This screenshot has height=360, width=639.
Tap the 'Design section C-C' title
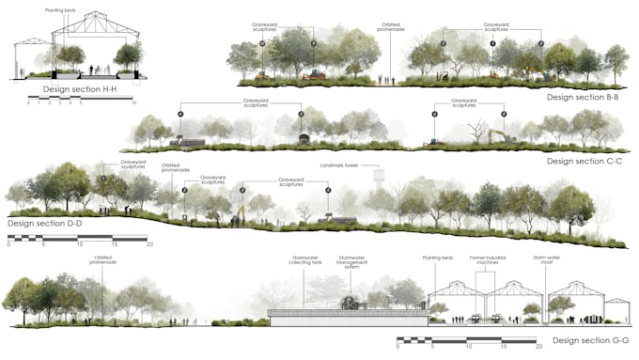pos(586,161)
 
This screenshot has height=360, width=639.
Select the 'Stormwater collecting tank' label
pos(305,261)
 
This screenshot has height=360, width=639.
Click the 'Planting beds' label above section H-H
pos(61,10)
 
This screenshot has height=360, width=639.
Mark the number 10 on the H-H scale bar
pos(134,102)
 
